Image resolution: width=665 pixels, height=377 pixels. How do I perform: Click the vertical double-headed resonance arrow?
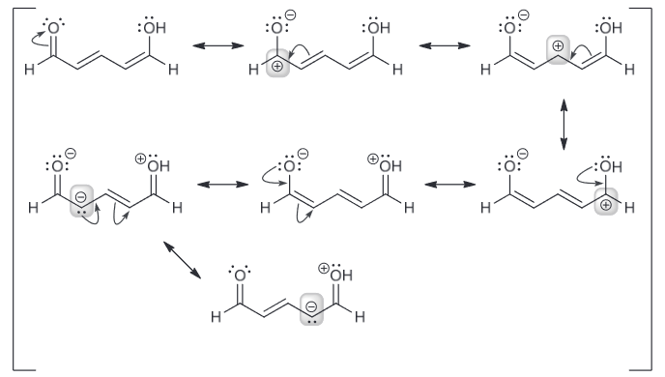564,125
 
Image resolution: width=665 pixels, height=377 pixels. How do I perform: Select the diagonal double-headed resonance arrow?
183,260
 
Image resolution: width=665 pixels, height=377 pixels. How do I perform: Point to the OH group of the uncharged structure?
155,28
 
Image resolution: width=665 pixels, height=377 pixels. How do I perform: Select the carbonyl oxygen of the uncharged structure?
53,28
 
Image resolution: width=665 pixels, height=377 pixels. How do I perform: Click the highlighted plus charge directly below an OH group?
606,205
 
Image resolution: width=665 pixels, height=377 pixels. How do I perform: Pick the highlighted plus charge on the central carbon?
558,45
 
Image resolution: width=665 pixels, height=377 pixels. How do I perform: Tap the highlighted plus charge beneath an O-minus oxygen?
277,67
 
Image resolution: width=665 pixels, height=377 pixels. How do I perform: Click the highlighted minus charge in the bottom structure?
311,306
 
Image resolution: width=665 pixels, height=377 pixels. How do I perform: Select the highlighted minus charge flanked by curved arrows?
81,197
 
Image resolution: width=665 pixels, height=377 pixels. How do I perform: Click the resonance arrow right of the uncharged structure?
218,45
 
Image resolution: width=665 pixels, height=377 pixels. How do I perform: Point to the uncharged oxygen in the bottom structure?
240,275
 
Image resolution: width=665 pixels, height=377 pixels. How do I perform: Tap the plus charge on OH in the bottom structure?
324,268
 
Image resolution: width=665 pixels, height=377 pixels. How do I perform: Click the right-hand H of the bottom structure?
361,316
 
